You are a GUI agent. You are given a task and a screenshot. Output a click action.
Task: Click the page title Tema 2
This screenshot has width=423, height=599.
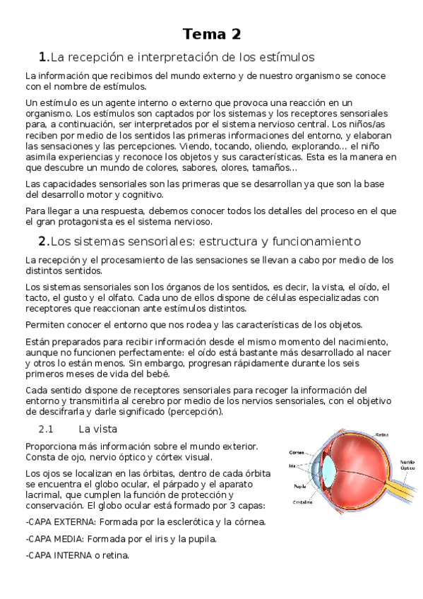tap(211, 34)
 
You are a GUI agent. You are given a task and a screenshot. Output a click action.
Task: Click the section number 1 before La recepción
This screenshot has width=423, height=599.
tap(42, 57)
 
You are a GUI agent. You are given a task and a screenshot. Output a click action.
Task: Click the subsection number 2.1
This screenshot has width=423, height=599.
tap(46, 429)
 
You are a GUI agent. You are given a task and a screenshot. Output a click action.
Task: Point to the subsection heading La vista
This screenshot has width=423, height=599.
tap(97, 429)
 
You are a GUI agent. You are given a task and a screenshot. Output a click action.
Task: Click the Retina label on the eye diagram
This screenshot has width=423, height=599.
tap(382, 434)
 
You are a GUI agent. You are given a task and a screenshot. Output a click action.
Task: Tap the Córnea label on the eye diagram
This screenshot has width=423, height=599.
tap(297, 452)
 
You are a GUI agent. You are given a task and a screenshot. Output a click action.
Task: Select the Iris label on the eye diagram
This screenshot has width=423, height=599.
tap(292, 465)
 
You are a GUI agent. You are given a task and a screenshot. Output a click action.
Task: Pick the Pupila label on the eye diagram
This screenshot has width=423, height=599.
tap(299, 487)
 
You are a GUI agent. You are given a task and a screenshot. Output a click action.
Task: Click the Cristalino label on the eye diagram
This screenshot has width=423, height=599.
tap(303, 502)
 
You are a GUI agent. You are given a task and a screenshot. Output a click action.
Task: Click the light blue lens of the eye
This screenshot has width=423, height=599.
tap(329, 467)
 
